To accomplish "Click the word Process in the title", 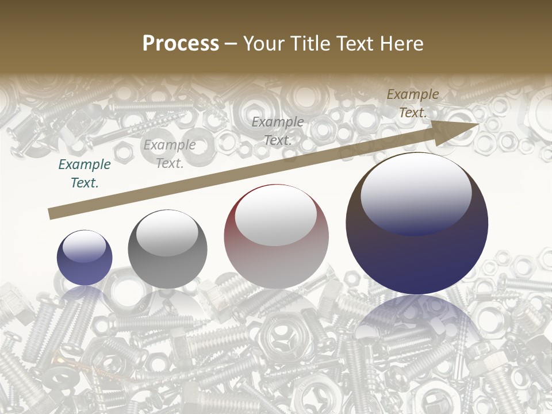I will pos(181,44).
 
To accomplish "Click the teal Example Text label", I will pos(85,174).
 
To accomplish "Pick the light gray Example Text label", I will pos(170,154).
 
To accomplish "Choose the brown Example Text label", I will pos(413,103).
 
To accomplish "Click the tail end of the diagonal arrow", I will pos(53,214).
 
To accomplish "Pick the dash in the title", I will pos(231,44).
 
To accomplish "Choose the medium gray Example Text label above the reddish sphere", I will pos(278,131).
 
